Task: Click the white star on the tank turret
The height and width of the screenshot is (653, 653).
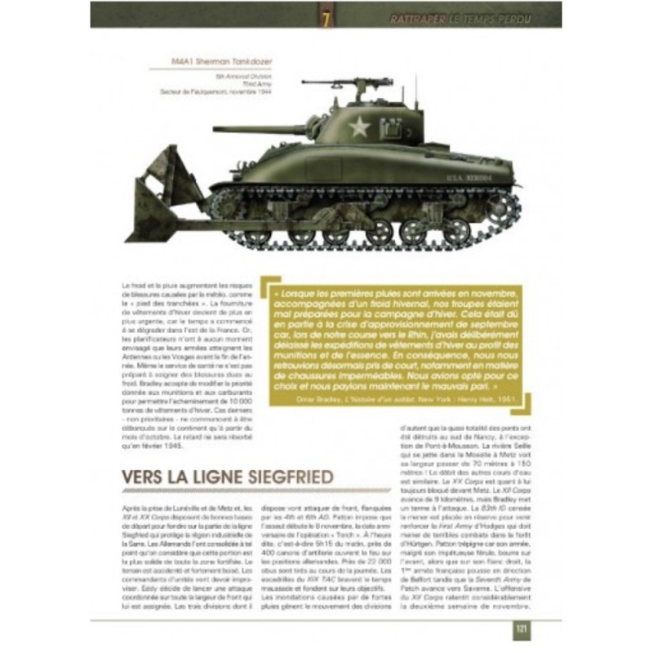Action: (359, 127)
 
